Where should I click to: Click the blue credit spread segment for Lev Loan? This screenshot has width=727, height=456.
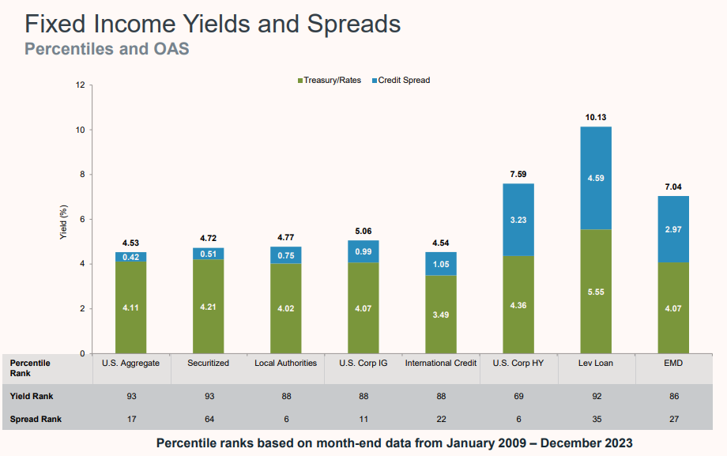[595, 178]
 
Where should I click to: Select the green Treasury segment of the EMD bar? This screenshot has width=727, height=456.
[673, 307]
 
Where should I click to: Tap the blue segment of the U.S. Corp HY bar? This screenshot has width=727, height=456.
[518, 220]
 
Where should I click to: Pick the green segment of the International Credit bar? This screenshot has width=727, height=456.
[440, 314]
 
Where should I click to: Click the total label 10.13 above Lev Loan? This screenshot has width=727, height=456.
[595, 117]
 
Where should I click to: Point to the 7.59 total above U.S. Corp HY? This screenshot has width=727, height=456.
[518, 174]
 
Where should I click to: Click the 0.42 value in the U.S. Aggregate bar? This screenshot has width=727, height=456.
[130, 257]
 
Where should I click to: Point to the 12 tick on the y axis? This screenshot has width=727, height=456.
[79, 85]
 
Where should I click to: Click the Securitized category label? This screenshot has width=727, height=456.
[208, 363]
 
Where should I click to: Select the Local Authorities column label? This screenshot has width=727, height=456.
[285, 363]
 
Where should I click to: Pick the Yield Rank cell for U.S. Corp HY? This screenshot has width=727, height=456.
[518, 396]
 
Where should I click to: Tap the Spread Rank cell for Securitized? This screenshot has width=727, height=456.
[208, 418]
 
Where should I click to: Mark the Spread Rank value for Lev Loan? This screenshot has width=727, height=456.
[595, 418]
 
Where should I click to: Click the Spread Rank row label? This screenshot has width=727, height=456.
[35, 418]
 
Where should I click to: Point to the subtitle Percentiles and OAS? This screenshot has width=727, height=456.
[107, 49]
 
